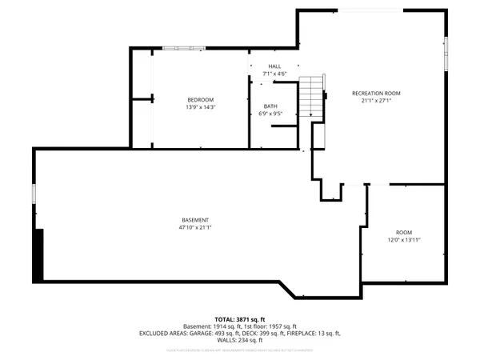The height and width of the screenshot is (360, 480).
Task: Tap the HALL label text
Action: tap(274, 66)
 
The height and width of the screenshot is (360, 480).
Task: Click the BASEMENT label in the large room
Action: tap(194, 220)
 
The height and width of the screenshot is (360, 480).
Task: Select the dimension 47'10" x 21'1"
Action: tap(194, 228)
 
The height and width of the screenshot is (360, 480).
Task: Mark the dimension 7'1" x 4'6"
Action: tap(274, 74)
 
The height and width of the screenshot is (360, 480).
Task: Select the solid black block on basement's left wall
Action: tap(38, 254)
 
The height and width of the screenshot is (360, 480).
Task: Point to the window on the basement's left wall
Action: tap(34, 194)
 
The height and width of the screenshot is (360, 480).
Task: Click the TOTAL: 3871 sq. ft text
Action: tap(239, 318)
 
